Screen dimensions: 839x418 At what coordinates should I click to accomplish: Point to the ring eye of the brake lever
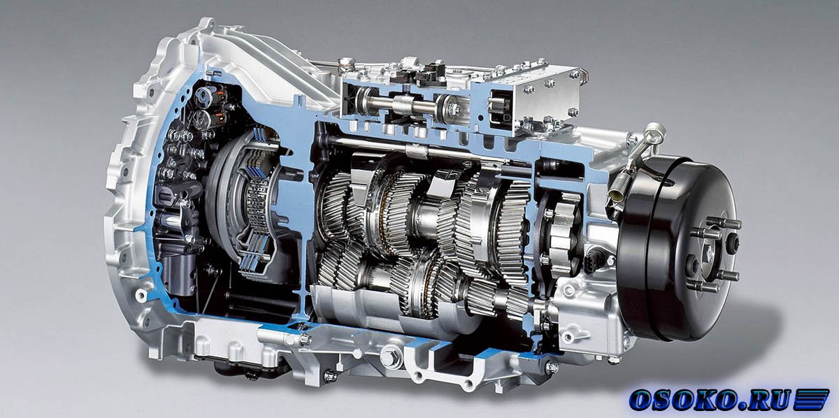click(x=657, y=130)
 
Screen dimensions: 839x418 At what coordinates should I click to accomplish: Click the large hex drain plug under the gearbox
click(x=389, y=355)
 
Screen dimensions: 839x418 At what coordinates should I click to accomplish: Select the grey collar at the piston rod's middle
click(x=404, y=106)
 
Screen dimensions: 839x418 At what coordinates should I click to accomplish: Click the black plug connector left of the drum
click(x=594, y=259)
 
